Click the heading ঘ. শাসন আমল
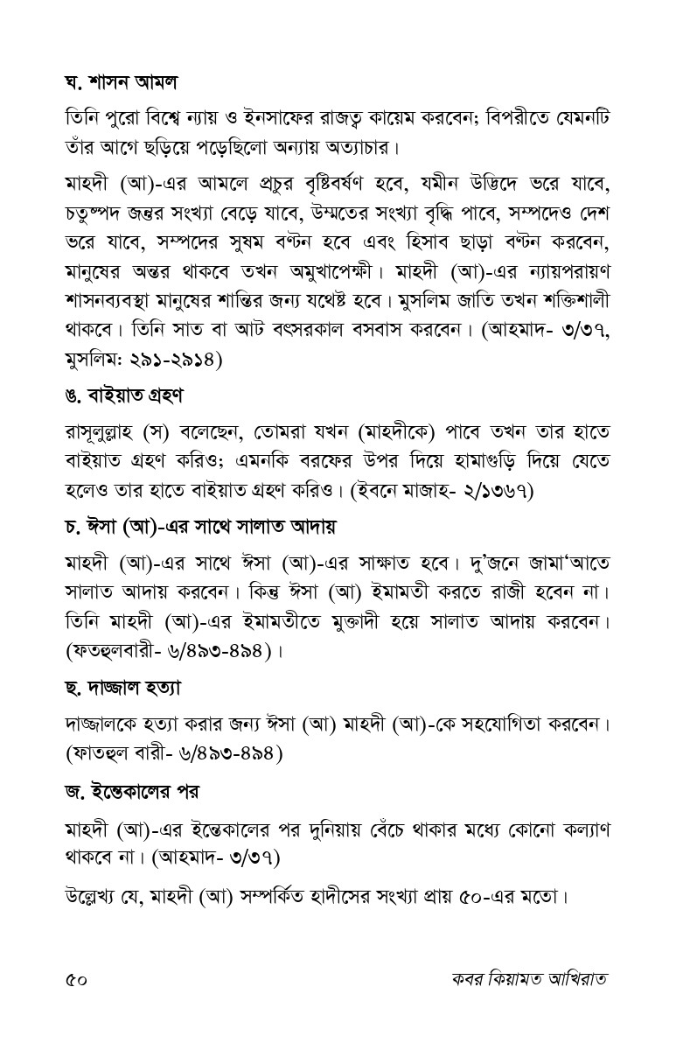click(122, 83)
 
